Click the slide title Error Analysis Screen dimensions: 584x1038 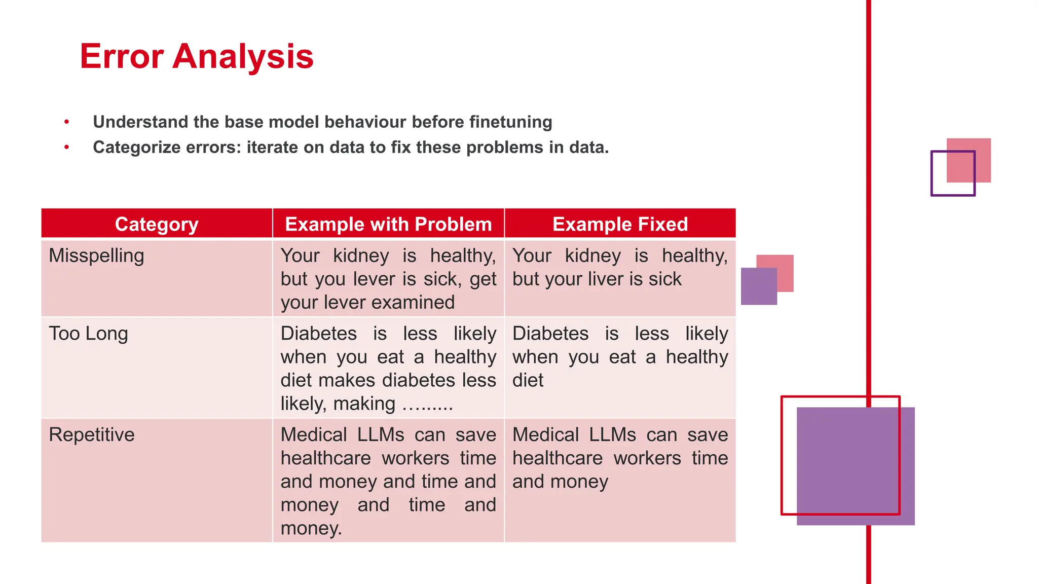click(x=197, y=56)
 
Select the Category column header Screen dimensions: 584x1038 click(x=157, y=224)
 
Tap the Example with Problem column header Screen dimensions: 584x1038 click(x=388, y=224)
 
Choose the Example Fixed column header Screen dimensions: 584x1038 click(x=620, y=224)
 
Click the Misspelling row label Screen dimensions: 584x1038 click(x=96, y=255)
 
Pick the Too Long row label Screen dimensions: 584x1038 click(x=88, y=334)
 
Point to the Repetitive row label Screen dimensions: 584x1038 click(x=92, y=435)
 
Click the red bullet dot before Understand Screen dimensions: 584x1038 click(x=66, y=122)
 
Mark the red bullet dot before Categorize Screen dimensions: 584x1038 click(x=66, y=148)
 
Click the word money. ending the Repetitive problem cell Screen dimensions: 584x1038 click(x=311, y=528)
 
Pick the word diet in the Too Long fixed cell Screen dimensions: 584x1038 click(x=528, y=380)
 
